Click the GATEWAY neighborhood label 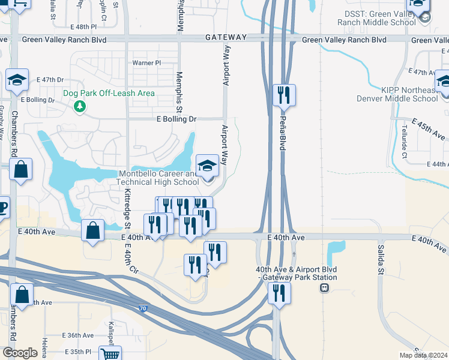[226, 37]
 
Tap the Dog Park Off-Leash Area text [110, 93]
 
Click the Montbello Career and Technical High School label [157, 178]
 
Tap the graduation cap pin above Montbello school [207, 166]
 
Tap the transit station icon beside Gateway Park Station [324, 288]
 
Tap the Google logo [20, 353]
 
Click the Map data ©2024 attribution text [423, 355]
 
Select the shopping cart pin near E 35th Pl [110, 355]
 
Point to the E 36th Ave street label [78, 335]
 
